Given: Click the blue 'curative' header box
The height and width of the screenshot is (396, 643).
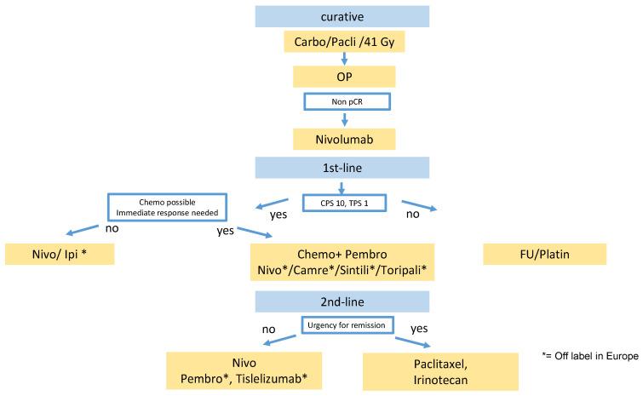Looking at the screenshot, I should click(x=342, y=17).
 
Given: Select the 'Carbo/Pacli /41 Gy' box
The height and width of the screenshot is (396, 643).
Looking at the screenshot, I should click(x=342, y=42).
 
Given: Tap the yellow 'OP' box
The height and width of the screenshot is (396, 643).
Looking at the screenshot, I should click(x=342, y=77).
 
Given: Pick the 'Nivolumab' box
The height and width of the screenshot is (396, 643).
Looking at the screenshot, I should click(x=342, y=136).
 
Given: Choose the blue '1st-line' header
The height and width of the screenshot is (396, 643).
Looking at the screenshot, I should click(x=342, y=163).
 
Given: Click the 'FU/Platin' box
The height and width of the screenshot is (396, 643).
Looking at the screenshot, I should click(x=544, y=255).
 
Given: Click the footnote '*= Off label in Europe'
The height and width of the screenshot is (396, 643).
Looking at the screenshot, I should click(x=590, y=355).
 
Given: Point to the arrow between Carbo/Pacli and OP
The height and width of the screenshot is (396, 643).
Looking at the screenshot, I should click(x=342, y=60).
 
